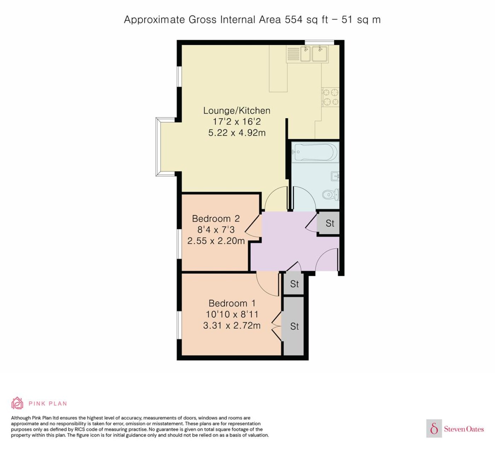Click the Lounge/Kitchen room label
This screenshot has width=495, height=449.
[x=237, y=111]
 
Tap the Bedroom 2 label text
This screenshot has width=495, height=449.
[x=216, y=219]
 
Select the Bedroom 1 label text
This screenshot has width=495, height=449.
[x=232, y=303]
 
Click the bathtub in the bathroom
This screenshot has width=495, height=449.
[x=315, y=152]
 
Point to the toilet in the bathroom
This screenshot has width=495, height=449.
[x=331, y=195]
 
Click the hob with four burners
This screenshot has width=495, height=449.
[x=330, y=97]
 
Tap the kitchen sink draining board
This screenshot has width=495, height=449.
[x=293, y=54]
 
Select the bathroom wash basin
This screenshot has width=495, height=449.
[x=335, y=176]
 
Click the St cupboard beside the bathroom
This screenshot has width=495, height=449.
[x=330, y=223]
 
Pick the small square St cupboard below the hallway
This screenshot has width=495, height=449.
[x=294, y=284]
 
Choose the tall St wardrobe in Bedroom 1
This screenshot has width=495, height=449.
[x=294, y=326]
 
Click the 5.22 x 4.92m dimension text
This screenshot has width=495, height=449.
[x=237, y=133]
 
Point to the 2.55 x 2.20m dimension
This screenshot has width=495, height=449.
[x=216, y=241]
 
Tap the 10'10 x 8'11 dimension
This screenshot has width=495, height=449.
[x=232, y=314]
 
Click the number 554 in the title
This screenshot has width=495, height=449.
[x=294, y=19]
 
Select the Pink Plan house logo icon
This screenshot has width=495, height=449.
[x=17, y=403]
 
